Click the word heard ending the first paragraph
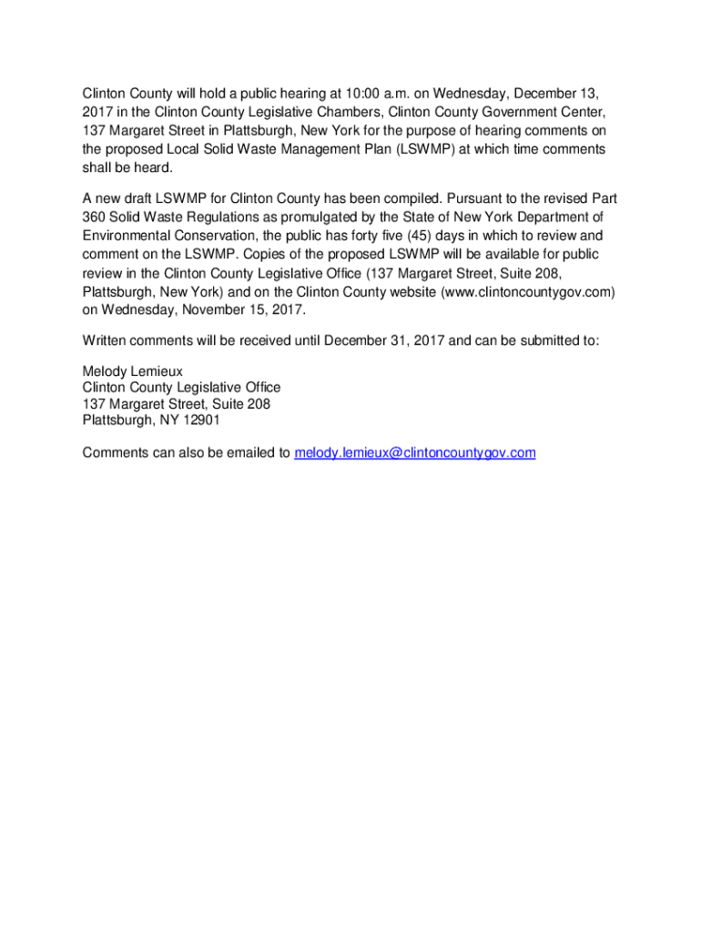tap(150, 168)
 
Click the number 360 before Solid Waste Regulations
tap(95, 217)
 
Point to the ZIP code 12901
tap(199, 420)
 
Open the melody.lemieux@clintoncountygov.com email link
tap(415, 452)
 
